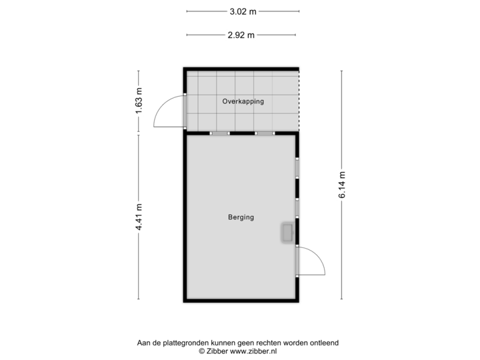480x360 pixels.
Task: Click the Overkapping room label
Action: click(243, 101)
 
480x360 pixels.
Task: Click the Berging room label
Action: click(241, 217)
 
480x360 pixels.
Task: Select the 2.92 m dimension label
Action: click(241, 35)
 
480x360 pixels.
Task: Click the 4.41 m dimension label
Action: click(139, 217)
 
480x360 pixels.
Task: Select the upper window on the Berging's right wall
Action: click(298, 167)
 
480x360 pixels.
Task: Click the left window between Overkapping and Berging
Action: click(219, 133)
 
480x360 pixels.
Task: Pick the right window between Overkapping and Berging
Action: click(265, 133)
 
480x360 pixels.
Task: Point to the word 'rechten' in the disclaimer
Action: click(263, 343)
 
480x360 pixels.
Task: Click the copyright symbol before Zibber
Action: click(201, 350)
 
